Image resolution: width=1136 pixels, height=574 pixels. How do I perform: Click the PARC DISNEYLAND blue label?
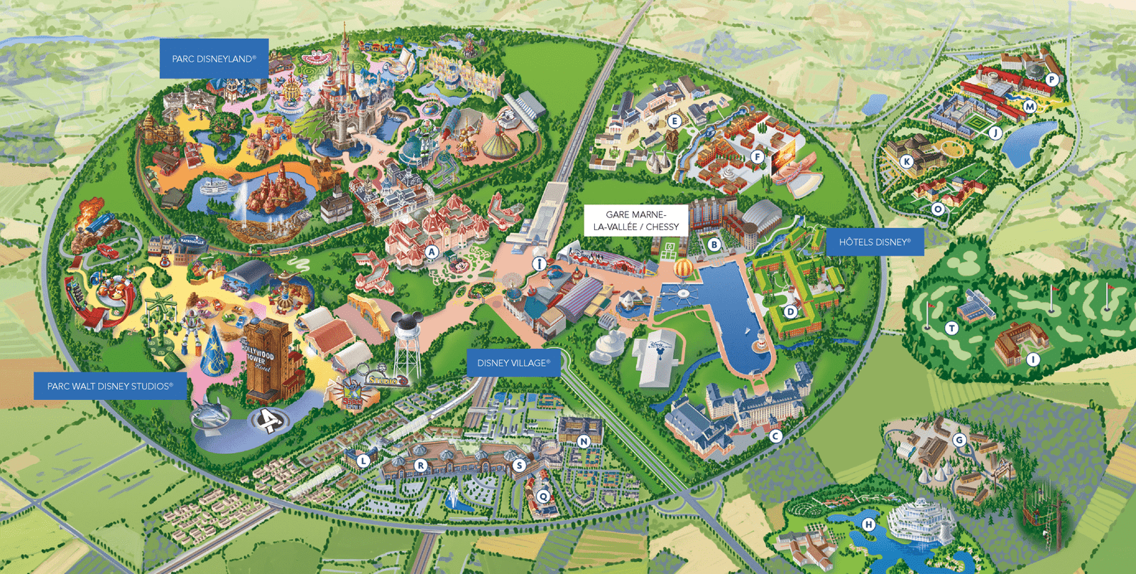pos(214,59)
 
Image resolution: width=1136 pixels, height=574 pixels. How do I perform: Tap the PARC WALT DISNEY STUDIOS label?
pos(110,386)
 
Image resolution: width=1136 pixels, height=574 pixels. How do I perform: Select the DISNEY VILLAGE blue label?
pos(513,363)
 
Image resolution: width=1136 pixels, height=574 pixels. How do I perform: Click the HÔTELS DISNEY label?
pos(874,242)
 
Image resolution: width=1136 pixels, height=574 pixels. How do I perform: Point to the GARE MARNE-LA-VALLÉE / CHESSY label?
pos(636,220)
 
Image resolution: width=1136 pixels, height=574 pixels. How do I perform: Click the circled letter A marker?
pos(431,251)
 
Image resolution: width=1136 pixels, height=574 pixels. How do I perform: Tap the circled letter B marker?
pos(714,244)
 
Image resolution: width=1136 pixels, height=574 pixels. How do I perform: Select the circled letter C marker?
pos(775,436)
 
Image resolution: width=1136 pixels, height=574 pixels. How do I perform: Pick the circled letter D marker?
pos(790,311)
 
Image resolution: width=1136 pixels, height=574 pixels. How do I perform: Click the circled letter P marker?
pos(1052,80)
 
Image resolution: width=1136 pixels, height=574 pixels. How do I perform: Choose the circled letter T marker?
pos(951,327)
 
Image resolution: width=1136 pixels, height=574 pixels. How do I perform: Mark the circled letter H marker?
pos(868,524)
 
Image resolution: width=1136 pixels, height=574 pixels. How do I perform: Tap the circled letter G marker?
pos(959,440)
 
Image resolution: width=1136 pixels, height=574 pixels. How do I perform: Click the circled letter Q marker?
pos(543,496)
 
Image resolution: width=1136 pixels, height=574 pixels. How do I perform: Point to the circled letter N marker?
pos(584,441)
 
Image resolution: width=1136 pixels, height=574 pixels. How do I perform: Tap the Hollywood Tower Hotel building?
pos(266,359)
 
